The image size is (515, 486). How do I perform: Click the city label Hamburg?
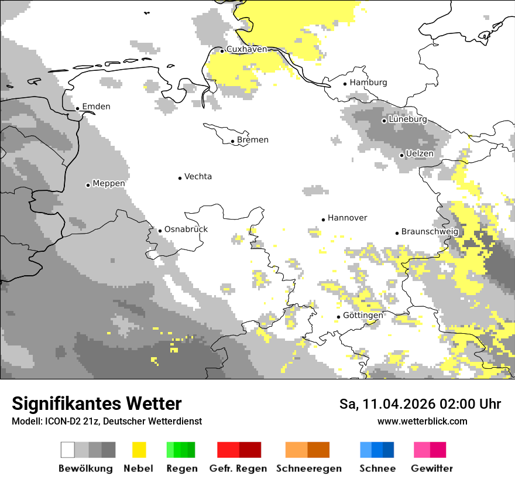(x=368, y=83)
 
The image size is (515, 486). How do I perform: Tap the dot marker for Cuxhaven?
(x=222, y=51)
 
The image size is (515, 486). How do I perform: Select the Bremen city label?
(x=253, y=140)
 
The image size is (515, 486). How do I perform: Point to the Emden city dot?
(x=78, y=108)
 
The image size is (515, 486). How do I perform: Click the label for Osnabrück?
(x=186, y=230)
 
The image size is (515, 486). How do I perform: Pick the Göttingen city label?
(x=363, y=316)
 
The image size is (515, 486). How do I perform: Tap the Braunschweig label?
(x=430, y=232)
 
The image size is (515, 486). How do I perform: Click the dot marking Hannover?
(x=323, y=220)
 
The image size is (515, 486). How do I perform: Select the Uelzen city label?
(x=420, y=154)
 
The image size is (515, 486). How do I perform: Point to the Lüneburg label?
(x=408, y=119)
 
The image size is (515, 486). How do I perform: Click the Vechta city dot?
(x=180, y=178)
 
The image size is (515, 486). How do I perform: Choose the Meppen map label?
(x=109, y=184)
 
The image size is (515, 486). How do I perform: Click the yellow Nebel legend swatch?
(x=139, y=450)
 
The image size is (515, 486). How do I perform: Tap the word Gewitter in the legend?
(x=432, y=468)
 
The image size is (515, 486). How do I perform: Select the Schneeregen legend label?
(x=309, y=468)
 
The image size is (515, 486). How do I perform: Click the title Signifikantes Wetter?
(x=97, y=403)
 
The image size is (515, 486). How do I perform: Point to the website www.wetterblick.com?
(x=422, y=422)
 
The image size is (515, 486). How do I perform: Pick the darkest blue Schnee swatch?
(x=389, y=450)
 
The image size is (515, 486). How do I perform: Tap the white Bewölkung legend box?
(x=68, y=450)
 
